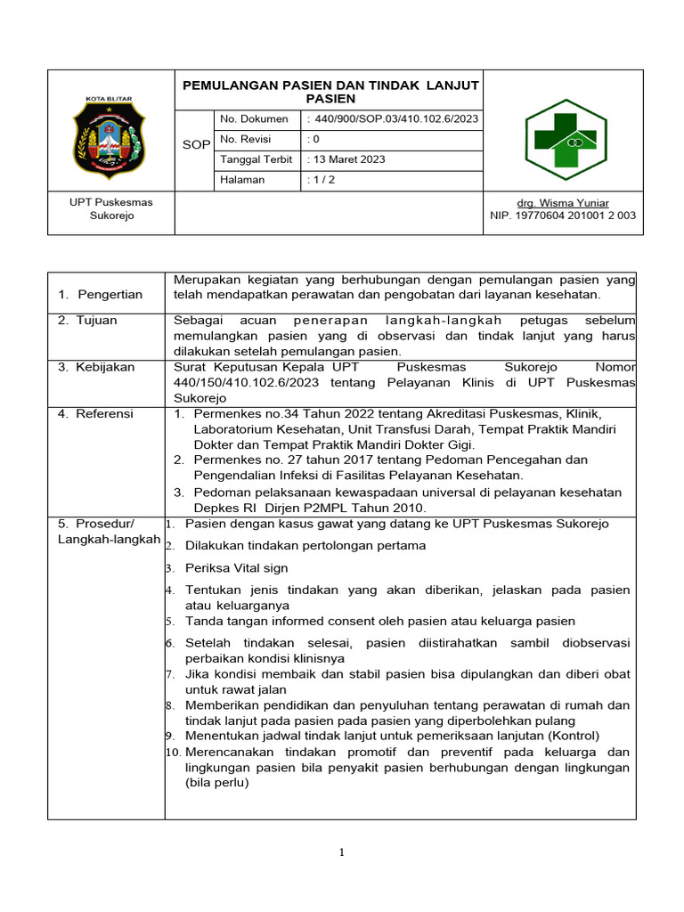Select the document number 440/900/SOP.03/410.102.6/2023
[x=393, y=119]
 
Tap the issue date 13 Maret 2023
[x=348, y=159]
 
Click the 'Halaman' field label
[x=242, y=180]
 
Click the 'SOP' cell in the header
[x=196, y=145]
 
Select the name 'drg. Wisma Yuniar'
[x=563, y=203]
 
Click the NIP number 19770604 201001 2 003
[x=563, y=216]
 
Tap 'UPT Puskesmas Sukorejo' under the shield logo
[x=111, y=209]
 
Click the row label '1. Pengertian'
[x=100, y=294]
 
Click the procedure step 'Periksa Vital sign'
[x=236, y=568]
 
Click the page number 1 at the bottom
[x=342, y=853]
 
